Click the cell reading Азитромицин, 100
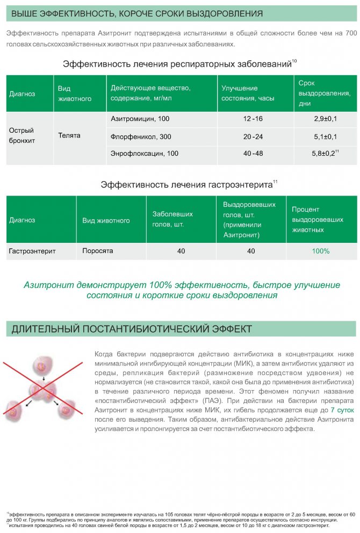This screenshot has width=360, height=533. pyautogui.click(x=140, y=118)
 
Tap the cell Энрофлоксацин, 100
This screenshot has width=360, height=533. pyautogui.click(x=144, y=154)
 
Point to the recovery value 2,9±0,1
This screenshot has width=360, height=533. pyautogui.click(x=325, y=118)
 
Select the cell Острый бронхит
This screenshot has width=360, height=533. pyautogui.click(x=21, y=135)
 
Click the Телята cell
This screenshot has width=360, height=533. pyautogui.click(x=69, y=135)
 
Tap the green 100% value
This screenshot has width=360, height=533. pyautogui.click(x=321, y=251)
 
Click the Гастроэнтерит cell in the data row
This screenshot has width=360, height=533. pyautogui.click(x=32, y=251)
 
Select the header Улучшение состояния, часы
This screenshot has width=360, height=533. pyautogui.click(x=240, y=93)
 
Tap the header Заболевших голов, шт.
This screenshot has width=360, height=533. pyautogui.click(x=172, y=219)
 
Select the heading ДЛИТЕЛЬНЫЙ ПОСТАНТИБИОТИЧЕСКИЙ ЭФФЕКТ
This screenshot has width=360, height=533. pyautogui.click(x=132, y=328)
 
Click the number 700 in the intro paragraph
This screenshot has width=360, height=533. pyautogui.click(x=351, y=33)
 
